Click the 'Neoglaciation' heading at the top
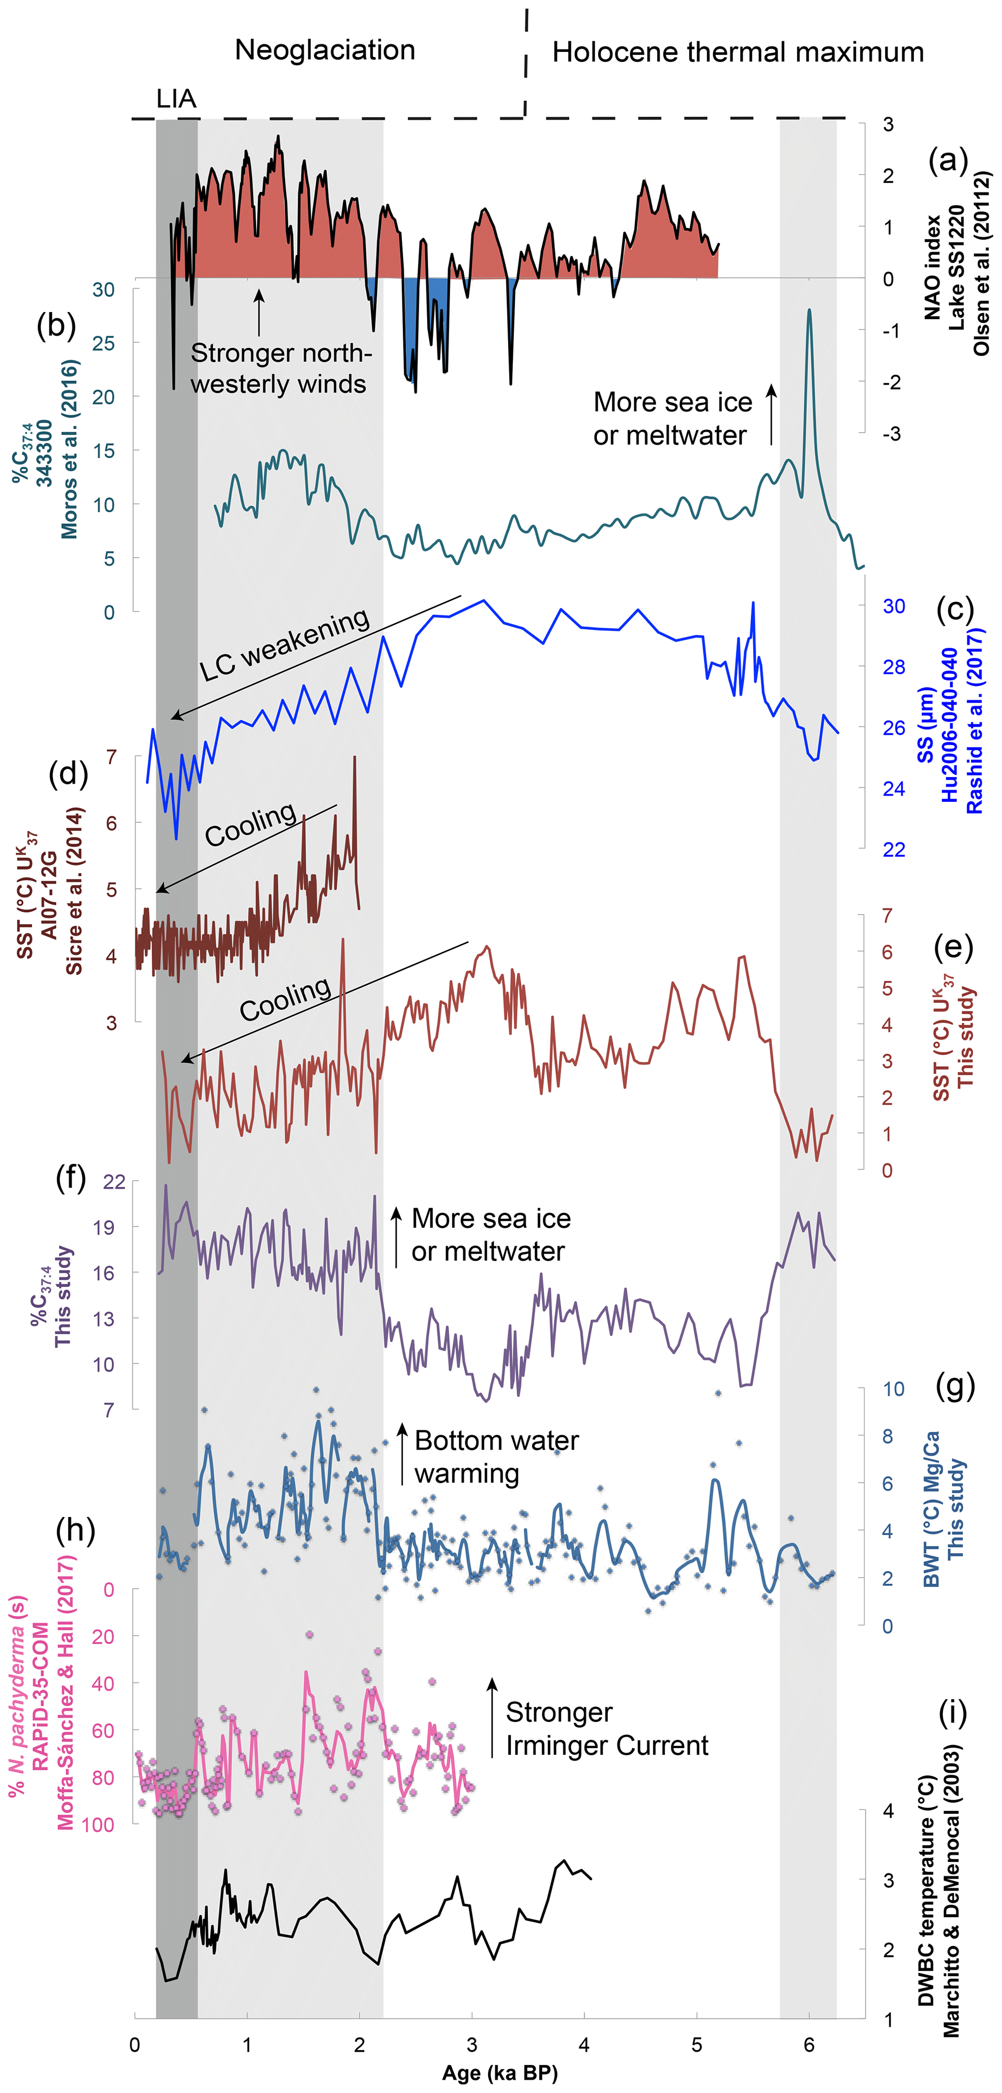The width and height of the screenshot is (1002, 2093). [325, 50]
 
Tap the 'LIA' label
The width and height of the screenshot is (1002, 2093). [175, 99]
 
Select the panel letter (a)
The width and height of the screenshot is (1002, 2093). [948, 160]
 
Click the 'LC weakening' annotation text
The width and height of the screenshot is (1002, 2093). [285, 644]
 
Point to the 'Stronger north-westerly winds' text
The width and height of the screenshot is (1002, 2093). [280, 368]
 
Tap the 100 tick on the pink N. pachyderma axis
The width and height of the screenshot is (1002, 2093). [97, 1824]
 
